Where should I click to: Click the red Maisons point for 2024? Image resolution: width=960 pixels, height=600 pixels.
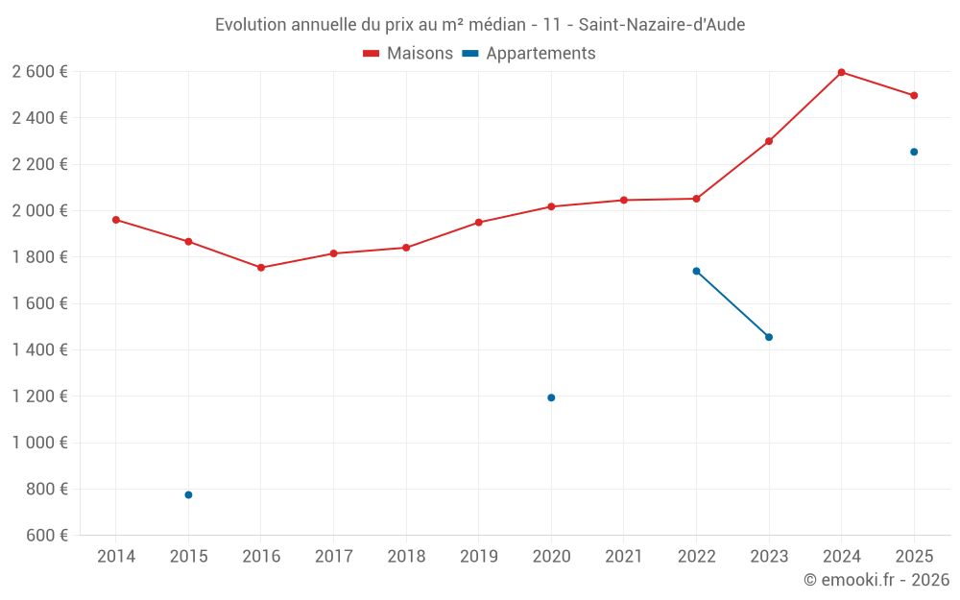tap(841, 72)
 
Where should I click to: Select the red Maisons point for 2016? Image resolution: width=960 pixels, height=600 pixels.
tap(261, 268)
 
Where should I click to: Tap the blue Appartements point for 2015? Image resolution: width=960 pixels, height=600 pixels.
tap(188, 494)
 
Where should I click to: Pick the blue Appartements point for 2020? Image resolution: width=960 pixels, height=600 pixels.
tap(551, 397)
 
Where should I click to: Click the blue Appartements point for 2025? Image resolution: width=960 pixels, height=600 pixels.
tap(914, 152)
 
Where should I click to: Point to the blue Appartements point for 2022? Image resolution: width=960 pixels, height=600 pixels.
tap(696, 271)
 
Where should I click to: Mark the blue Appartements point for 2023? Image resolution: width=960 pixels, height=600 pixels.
tap(769, 337)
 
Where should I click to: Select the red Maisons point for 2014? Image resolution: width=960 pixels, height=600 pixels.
tap(116, 220)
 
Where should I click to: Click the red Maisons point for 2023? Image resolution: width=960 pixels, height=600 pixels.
tap(769, 141)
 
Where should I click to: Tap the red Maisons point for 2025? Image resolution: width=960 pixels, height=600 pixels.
tap(914, 95)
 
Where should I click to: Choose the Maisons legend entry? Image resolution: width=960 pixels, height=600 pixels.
tap(408, 54)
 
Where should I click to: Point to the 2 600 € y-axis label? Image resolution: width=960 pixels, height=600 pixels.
tap(40, 71)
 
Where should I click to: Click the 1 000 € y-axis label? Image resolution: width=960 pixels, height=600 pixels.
tap(40, 443)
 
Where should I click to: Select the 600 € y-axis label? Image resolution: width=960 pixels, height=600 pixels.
tap(46, 535)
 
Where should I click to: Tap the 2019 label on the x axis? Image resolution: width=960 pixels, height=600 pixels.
tap(479, 557)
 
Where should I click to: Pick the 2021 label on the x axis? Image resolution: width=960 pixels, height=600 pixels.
tap(624, 557)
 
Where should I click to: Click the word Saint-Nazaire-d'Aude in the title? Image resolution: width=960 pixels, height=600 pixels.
tap(661, 25)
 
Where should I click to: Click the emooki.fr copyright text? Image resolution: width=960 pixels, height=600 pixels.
tap(876, 580)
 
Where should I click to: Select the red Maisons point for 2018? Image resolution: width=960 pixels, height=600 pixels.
tap(406, 248)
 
